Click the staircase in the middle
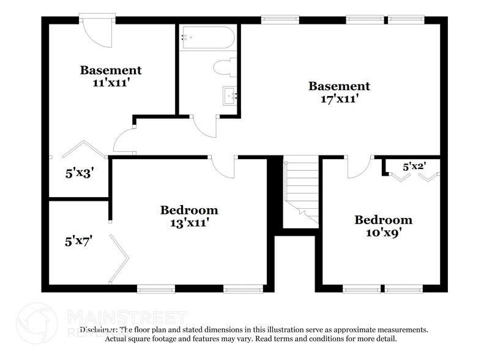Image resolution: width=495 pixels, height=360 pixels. (302, 190)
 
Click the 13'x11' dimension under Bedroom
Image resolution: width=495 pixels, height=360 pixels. (189, 223)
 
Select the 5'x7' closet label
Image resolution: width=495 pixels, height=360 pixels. (78, 241)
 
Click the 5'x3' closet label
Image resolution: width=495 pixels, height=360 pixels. (78, 173)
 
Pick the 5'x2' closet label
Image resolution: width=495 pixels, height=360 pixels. (414, 166)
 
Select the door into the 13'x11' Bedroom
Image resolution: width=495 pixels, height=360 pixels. (221, 167)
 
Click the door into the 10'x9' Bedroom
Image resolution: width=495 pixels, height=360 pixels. (360, 167)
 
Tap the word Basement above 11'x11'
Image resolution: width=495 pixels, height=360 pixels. (111, 70)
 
